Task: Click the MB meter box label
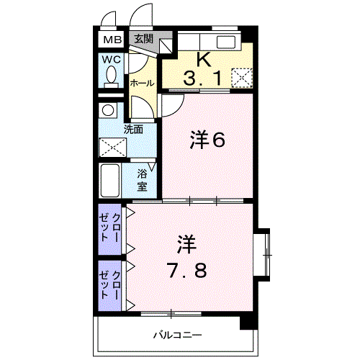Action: tap(112, 40)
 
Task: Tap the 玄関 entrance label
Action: tap(144, 38)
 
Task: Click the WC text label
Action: tap(111, 59)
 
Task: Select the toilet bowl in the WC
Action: tap(111, 77)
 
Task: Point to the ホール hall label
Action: tap(142, 84)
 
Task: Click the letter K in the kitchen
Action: tap(204, 59)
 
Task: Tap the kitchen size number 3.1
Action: tap(202, 78)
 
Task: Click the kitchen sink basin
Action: tap(226, 42)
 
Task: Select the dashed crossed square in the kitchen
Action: tap(242, 78)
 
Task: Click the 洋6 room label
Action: tap(207, 140)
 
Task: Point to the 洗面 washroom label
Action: tap(133, 130)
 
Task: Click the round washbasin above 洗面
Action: tap(108, 110)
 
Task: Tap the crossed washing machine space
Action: tap(112, 148)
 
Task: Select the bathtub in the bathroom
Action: tap(110, 181)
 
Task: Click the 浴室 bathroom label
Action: tap(143, 180)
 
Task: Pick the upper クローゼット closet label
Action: tap(110, 228)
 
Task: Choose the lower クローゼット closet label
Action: tap(110, 285)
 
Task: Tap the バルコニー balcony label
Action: tap(178, 335)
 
